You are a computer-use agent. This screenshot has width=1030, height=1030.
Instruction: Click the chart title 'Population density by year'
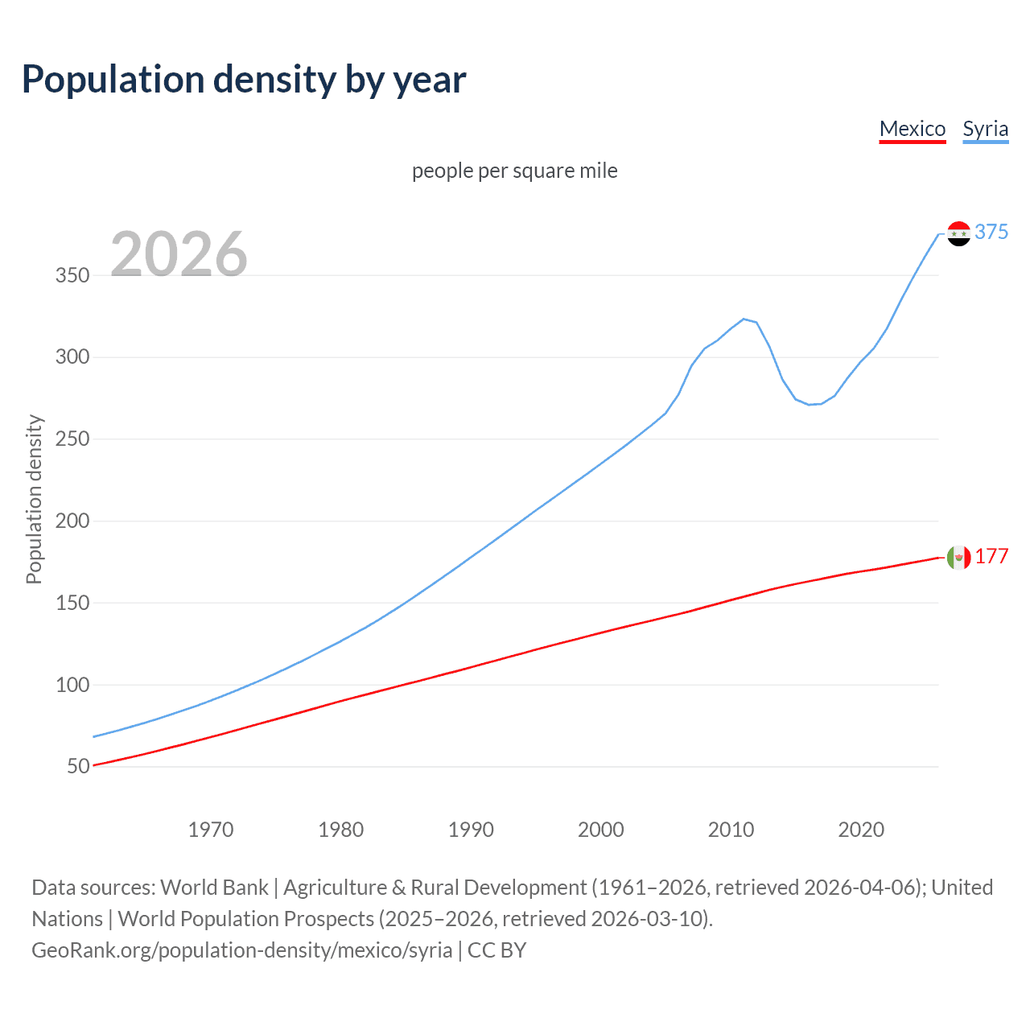244,80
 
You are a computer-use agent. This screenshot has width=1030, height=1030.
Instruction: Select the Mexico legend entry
912,129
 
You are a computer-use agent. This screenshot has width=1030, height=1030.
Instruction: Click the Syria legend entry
985,129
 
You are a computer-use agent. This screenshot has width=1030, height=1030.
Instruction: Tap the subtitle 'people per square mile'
514,171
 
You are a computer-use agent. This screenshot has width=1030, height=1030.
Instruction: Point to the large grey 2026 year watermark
179,254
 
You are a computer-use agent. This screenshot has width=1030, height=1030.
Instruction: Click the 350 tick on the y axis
72,275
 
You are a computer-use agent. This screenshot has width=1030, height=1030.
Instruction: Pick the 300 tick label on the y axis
72,356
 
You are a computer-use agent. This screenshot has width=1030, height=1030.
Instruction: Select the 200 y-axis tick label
72,521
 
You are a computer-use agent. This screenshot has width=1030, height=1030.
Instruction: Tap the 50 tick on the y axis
78,766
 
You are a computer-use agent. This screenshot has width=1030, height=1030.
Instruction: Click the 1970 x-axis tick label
211,830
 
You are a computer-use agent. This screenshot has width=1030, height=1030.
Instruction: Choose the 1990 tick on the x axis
471,830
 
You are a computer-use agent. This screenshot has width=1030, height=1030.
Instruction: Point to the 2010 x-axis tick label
731,830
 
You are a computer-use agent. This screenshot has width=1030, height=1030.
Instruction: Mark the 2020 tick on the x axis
861,830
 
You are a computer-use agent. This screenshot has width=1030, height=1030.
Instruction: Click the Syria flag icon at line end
958,233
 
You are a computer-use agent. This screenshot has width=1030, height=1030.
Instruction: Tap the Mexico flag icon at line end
958,557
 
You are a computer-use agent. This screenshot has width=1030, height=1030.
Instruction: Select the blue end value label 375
991,232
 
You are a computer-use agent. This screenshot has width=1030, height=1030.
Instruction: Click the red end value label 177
991,557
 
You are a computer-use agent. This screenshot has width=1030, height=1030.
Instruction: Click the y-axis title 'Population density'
34,499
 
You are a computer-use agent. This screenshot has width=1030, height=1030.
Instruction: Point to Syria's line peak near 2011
744,319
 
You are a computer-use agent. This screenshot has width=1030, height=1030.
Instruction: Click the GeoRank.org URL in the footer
241,950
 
